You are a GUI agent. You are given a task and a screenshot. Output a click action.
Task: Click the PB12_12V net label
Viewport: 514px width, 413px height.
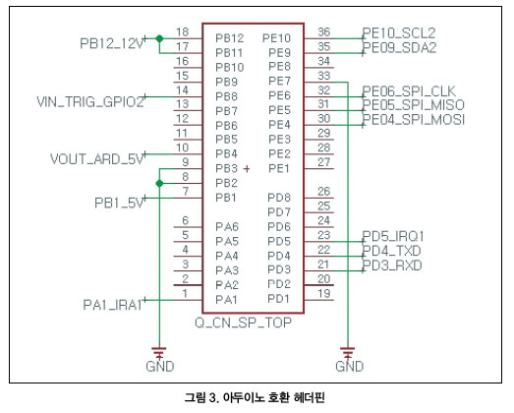112,43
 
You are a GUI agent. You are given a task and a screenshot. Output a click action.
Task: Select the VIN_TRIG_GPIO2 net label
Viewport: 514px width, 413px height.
90,102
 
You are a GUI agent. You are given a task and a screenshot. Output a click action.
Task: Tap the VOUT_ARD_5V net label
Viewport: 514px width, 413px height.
97,159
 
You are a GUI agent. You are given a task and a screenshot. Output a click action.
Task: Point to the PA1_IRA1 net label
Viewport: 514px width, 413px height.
112,305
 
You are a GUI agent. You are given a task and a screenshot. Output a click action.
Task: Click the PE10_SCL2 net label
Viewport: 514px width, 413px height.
399,33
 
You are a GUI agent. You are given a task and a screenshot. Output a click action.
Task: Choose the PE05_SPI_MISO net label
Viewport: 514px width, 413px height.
414,105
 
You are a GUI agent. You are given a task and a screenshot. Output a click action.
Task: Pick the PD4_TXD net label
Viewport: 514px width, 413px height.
391,251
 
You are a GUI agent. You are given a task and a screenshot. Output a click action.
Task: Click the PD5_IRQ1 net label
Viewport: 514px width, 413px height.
393,236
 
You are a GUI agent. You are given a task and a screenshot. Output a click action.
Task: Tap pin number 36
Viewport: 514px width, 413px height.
324,32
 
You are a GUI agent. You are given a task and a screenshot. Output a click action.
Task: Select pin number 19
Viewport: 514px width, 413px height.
324,293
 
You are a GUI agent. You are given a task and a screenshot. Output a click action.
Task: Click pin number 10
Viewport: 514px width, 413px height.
182,147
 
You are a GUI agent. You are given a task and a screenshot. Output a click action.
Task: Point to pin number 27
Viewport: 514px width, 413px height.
324,162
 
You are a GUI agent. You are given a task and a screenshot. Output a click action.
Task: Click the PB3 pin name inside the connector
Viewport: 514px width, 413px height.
226,168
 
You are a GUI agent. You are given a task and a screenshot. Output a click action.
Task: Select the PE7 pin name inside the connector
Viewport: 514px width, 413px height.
279,81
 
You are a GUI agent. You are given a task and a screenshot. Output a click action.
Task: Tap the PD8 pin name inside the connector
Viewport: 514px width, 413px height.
279,198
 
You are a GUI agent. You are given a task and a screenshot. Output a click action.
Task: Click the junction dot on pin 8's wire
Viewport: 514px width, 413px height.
159,183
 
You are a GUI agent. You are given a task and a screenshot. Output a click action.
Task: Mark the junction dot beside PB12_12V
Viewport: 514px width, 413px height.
159,38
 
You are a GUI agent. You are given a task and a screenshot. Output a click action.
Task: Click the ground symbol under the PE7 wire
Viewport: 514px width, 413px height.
348,352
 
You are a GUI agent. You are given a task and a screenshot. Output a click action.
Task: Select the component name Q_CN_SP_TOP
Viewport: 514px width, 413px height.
243,323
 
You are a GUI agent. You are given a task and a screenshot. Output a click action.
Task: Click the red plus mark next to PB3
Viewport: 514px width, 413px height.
247,168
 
